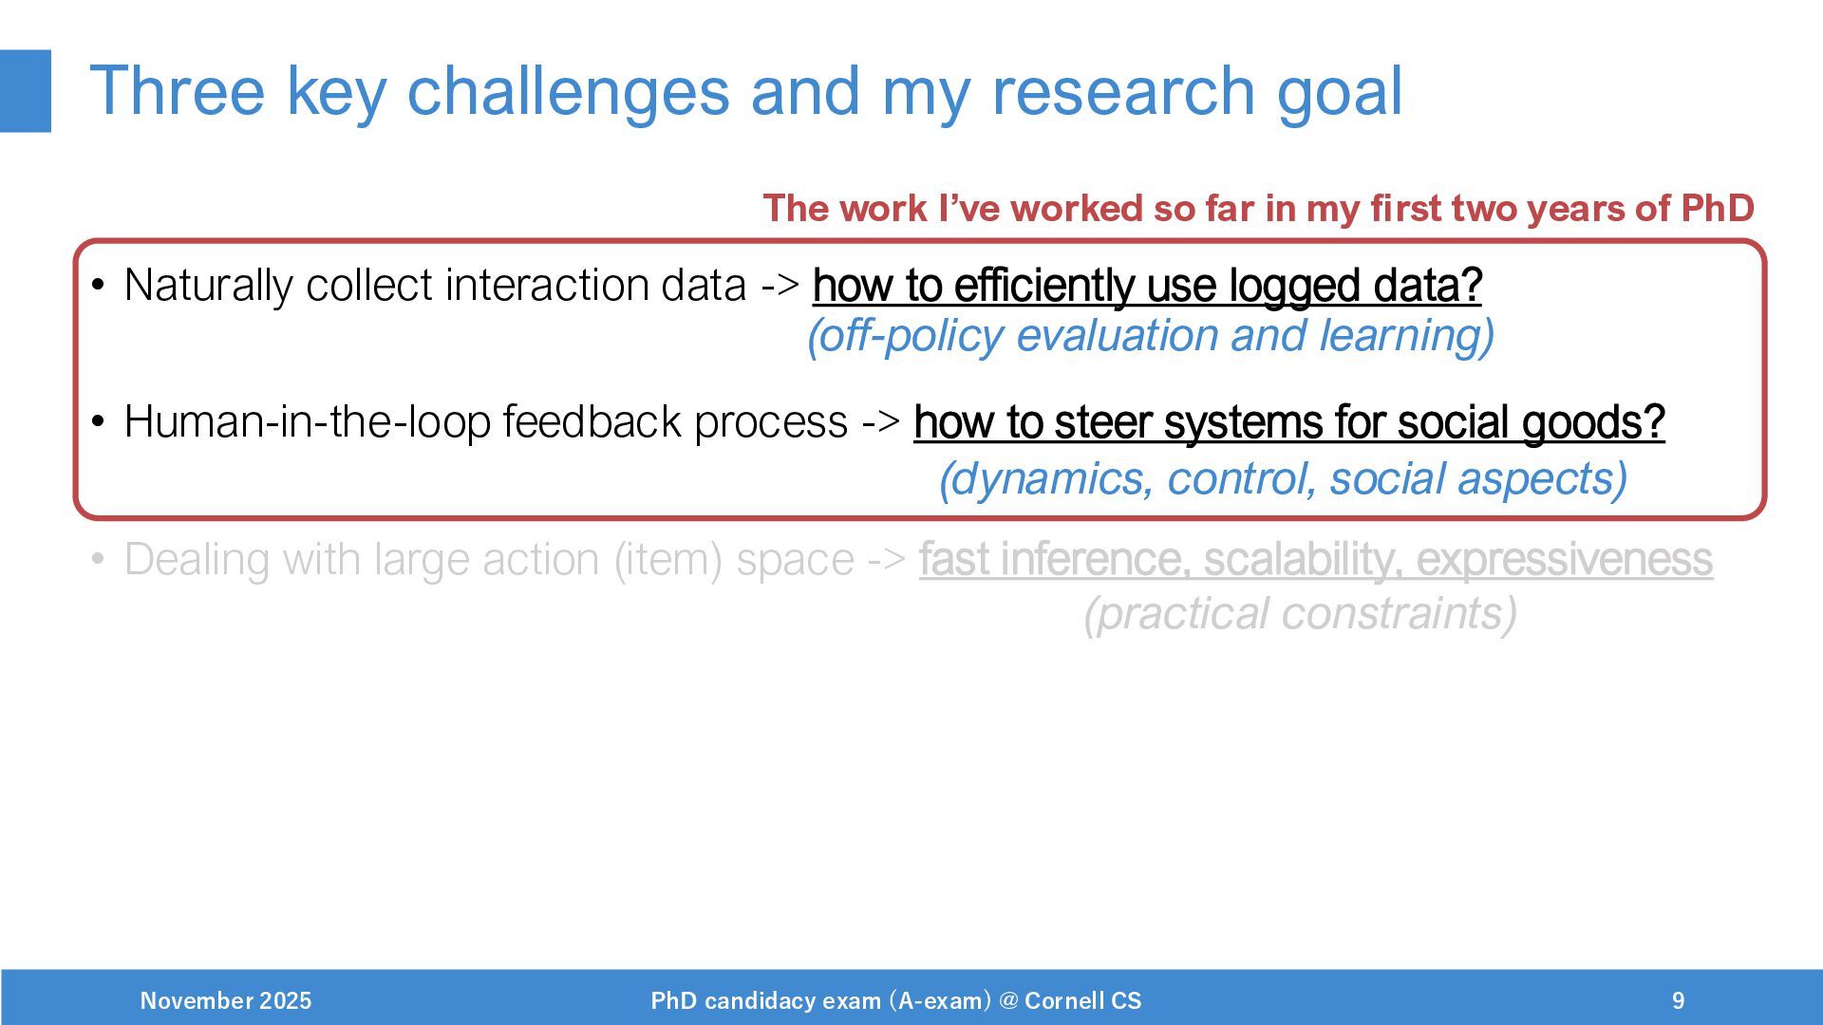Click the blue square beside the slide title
(x=26, y=91)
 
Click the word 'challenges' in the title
(x=568, y=91)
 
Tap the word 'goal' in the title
(x=1339, y=93)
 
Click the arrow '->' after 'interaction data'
(x=780, y=286)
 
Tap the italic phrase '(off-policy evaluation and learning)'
(x=1151, y=336)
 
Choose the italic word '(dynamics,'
(x=1046, y=479)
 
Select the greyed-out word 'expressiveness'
(x=1565, y=560)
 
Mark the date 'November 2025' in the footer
(x=226, y=1000)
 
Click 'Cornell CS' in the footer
(x=1083, y=1000)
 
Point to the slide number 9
(x=1679, y=1000)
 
